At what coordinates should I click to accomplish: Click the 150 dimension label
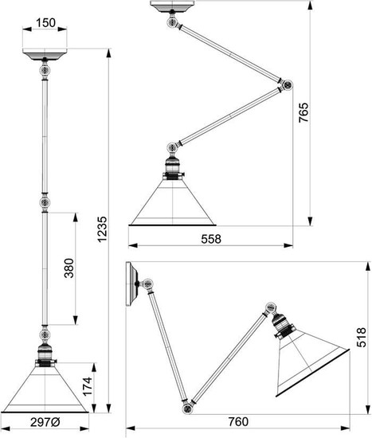point(45,22)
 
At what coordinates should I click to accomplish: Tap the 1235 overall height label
point(102,229)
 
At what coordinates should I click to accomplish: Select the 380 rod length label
point(69,268)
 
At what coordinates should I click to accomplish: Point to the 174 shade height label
point(87,386)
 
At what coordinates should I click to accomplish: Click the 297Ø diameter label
point(45,423)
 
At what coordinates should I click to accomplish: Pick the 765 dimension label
point(303,112)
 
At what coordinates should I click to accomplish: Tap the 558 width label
point(211,239)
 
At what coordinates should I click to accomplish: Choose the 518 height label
point(361,337)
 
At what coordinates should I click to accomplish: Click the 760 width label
point(238,422)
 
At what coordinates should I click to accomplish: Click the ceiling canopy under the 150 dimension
point(45,54)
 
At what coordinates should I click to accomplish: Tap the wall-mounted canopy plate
point(131,284)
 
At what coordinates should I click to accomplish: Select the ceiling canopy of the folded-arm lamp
point(173,6)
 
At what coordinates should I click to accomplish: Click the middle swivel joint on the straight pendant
point(45,202)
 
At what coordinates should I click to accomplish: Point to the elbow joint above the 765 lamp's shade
point(171,147)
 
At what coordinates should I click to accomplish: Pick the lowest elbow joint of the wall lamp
point(186,409)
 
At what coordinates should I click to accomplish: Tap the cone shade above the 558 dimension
point(172,202)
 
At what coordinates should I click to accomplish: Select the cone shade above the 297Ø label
point(45,389)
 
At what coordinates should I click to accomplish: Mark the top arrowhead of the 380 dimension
point(75,217)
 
